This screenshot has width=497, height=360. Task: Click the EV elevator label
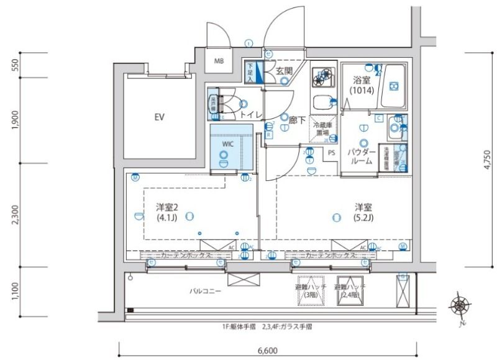click(160, 117)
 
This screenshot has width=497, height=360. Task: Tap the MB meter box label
click(219, 61)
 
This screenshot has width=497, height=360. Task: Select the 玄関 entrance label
click(284, 71)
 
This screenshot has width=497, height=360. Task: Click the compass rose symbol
click(460, 305)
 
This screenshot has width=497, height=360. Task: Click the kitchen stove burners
click(322, 78)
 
